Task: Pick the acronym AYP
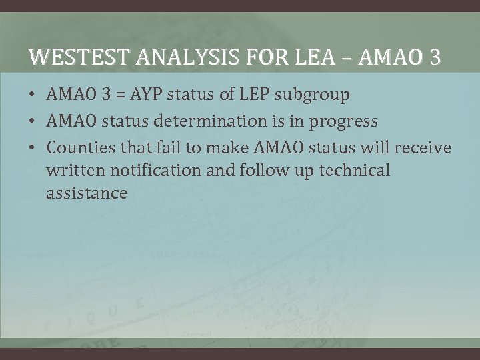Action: tap(151, 96)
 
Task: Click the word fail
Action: tap(166, 146)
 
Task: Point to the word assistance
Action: tap(86, 194)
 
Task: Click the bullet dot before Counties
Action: tap(33, 147)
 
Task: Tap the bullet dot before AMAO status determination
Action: tap(33, 122)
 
